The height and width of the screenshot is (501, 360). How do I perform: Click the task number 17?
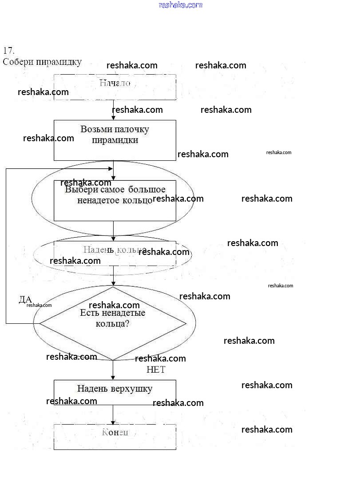pyautogui.click(x=8, y=50)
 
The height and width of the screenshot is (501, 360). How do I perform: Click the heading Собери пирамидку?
pyautogui.click(x=42, y=62)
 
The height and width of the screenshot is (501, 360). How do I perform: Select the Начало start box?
pyautogui.click(x=115, y=87)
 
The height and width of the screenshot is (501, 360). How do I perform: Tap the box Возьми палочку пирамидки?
pyautogui.click(x=115, y=139)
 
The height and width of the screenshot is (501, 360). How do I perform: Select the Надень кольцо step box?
pyautogui.click(x=115, y=253)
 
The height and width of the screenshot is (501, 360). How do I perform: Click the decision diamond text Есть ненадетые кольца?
pyautogui.click(x=113, y=318)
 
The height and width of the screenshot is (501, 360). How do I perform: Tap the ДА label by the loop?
pyautogui.click(x=25, y=299)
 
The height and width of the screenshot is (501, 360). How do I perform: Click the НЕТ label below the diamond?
pyautogui.click(x=156, y=370)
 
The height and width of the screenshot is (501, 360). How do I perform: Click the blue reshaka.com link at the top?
pyautogui.click(x=180, y=5)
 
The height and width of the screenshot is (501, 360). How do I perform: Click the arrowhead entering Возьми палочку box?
pyautogui.click(x=113, y=118)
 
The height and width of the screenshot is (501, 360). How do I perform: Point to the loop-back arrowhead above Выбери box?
pyautogui.click(x=111, y=168)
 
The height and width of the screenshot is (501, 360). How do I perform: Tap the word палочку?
pyautogui.click(x=131, y=129)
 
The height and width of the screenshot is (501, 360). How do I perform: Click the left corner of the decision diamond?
pyautogui.click(x=41, y=323)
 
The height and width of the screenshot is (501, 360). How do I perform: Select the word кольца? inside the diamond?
pyautogui.click(x=113, y=323)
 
